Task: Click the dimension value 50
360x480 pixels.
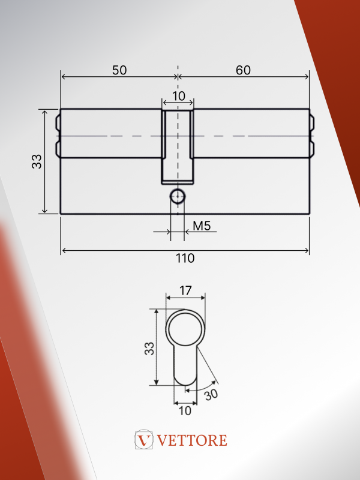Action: pyautogui.click(x=119, y=70)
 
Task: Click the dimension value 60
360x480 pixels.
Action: pyautogui.click(x=244, y=70)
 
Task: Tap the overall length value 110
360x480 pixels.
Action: pyautogui.click(x=185, y=259)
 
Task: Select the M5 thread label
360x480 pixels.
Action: pyautogui.click(x=202, y=226)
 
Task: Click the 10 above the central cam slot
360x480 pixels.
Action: pyautogui.click(x=178, y=96)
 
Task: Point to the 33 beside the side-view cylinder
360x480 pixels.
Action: pyautogui.click(x=37, y=161)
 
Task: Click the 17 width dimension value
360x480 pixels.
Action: pyautogui.click(x=185, y=290)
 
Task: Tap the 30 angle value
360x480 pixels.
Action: pyautogui.click(x=211, y=395)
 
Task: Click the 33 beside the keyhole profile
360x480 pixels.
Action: pyautogui.click(x=149, y=349)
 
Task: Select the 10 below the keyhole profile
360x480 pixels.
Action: pyautogui.click(x=185, y=411)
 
